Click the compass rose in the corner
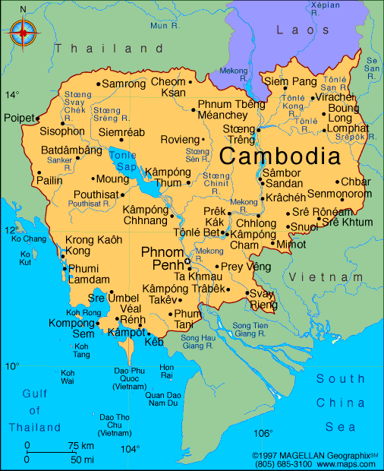click(25, 32)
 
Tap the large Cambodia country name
click(279, 156)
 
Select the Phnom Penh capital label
click(162, 258)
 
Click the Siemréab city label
click(121, 132)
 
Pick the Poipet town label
click(18, 119)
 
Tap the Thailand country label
click(103, 48)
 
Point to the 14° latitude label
click(13, 95)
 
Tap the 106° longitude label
click(263, 434)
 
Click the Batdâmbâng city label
click(71, 150)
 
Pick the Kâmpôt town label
click(126, 333)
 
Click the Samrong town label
click(123, 84)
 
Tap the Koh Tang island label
click(81, 350)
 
